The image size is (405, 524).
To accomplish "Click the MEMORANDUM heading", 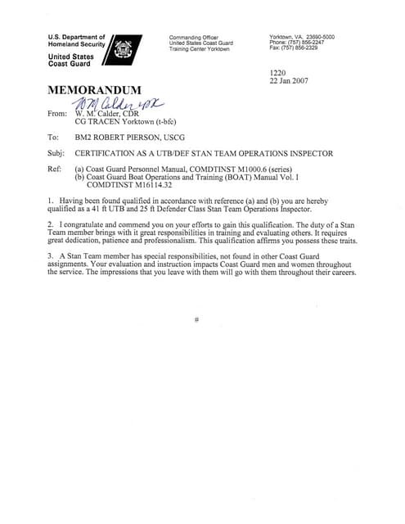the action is (x=96, y=89).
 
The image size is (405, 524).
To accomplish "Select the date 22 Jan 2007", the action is (x=288, y=80).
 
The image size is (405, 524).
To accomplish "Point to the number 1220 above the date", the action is (x=278, y=72).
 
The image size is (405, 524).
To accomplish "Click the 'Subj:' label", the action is (x=57, y=153).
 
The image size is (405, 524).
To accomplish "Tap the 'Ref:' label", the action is (x=56, y=168).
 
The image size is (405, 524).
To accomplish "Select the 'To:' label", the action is (x=54, y=138).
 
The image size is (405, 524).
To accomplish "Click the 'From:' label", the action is (x=58, y=113).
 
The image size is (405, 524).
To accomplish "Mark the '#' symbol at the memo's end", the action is (x=197, y=318).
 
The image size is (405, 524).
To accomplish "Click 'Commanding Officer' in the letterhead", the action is (x=193, y=38).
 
